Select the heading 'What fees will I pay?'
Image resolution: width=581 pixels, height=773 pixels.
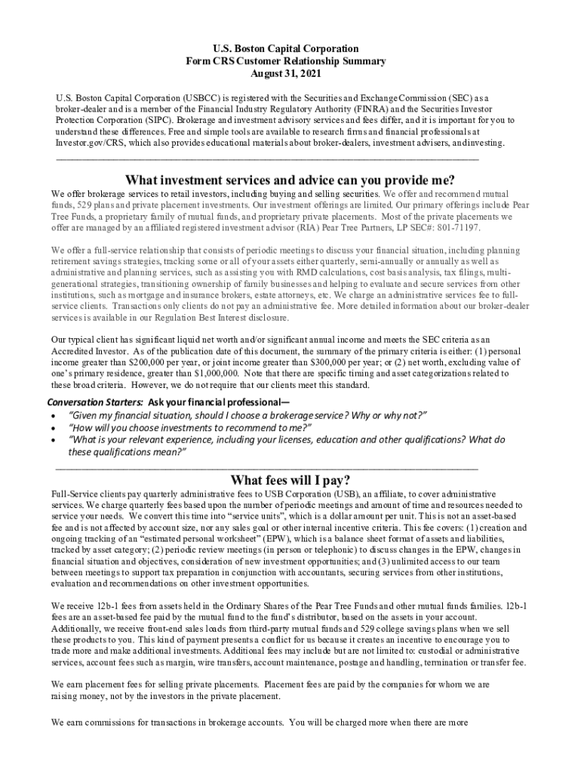pyautogui.click(x=290, y=481)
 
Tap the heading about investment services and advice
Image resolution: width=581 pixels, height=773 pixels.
pyautogui.click(x=290, y=180)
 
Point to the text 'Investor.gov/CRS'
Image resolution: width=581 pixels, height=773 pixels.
pyautogui.click(x=84, y=143)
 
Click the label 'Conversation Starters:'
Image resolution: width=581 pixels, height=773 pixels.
pyautogui.click(x=95, y=402)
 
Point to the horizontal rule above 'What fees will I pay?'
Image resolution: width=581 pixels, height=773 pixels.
pyautogui.click(x=267, y=468)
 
